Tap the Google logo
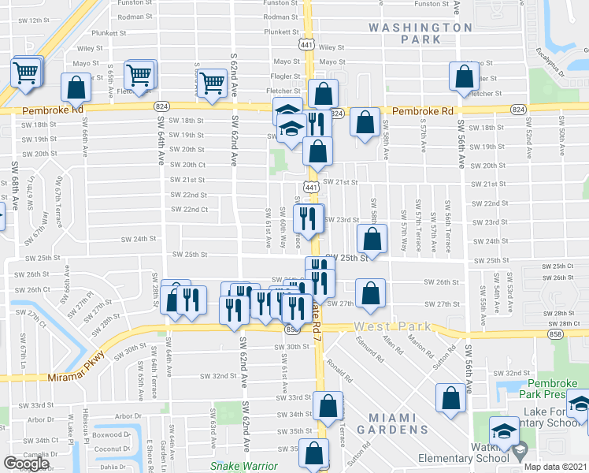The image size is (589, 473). click(x=26, y=464)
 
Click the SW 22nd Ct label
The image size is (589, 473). click(x=188, y=210)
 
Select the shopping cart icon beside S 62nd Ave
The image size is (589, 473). click(x=213, y=83)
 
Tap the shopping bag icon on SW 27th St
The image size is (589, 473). click(x=369, y=294)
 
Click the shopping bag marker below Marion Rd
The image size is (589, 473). click(x=450, y=399)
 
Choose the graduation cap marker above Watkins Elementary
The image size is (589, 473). click(x=503, y=431)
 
